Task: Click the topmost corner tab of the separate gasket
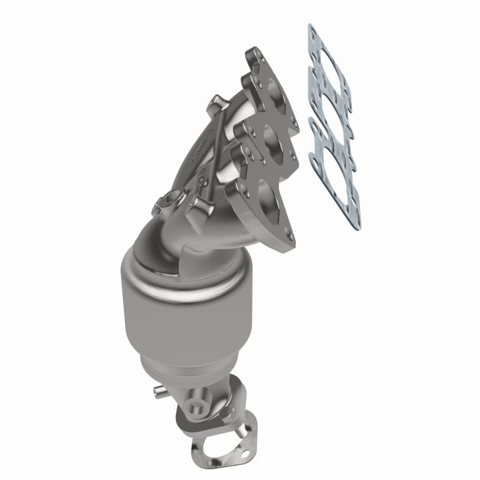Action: tap(311, 28)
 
